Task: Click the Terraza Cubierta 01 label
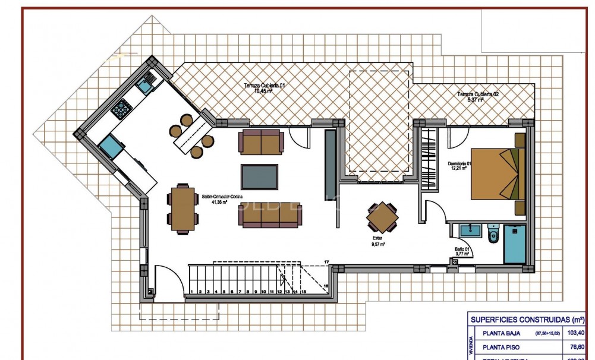pos(265,88)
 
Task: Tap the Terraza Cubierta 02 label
pos(477,97)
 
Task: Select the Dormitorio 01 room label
pos(461,166)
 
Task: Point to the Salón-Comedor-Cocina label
pos(222,199)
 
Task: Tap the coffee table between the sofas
pos(259,176)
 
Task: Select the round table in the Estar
pos(382,218)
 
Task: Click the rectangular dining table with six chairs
pos(182,209)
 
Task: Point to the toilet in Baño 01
pos(493,235)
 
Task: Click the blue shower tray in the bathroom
pos(515,244)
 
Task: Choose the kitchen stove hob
pos(122,108)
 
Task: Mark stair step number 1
pos(193,292)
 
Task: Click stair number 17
pos(326,262)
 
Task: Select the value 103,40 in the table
pos(575,333)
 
